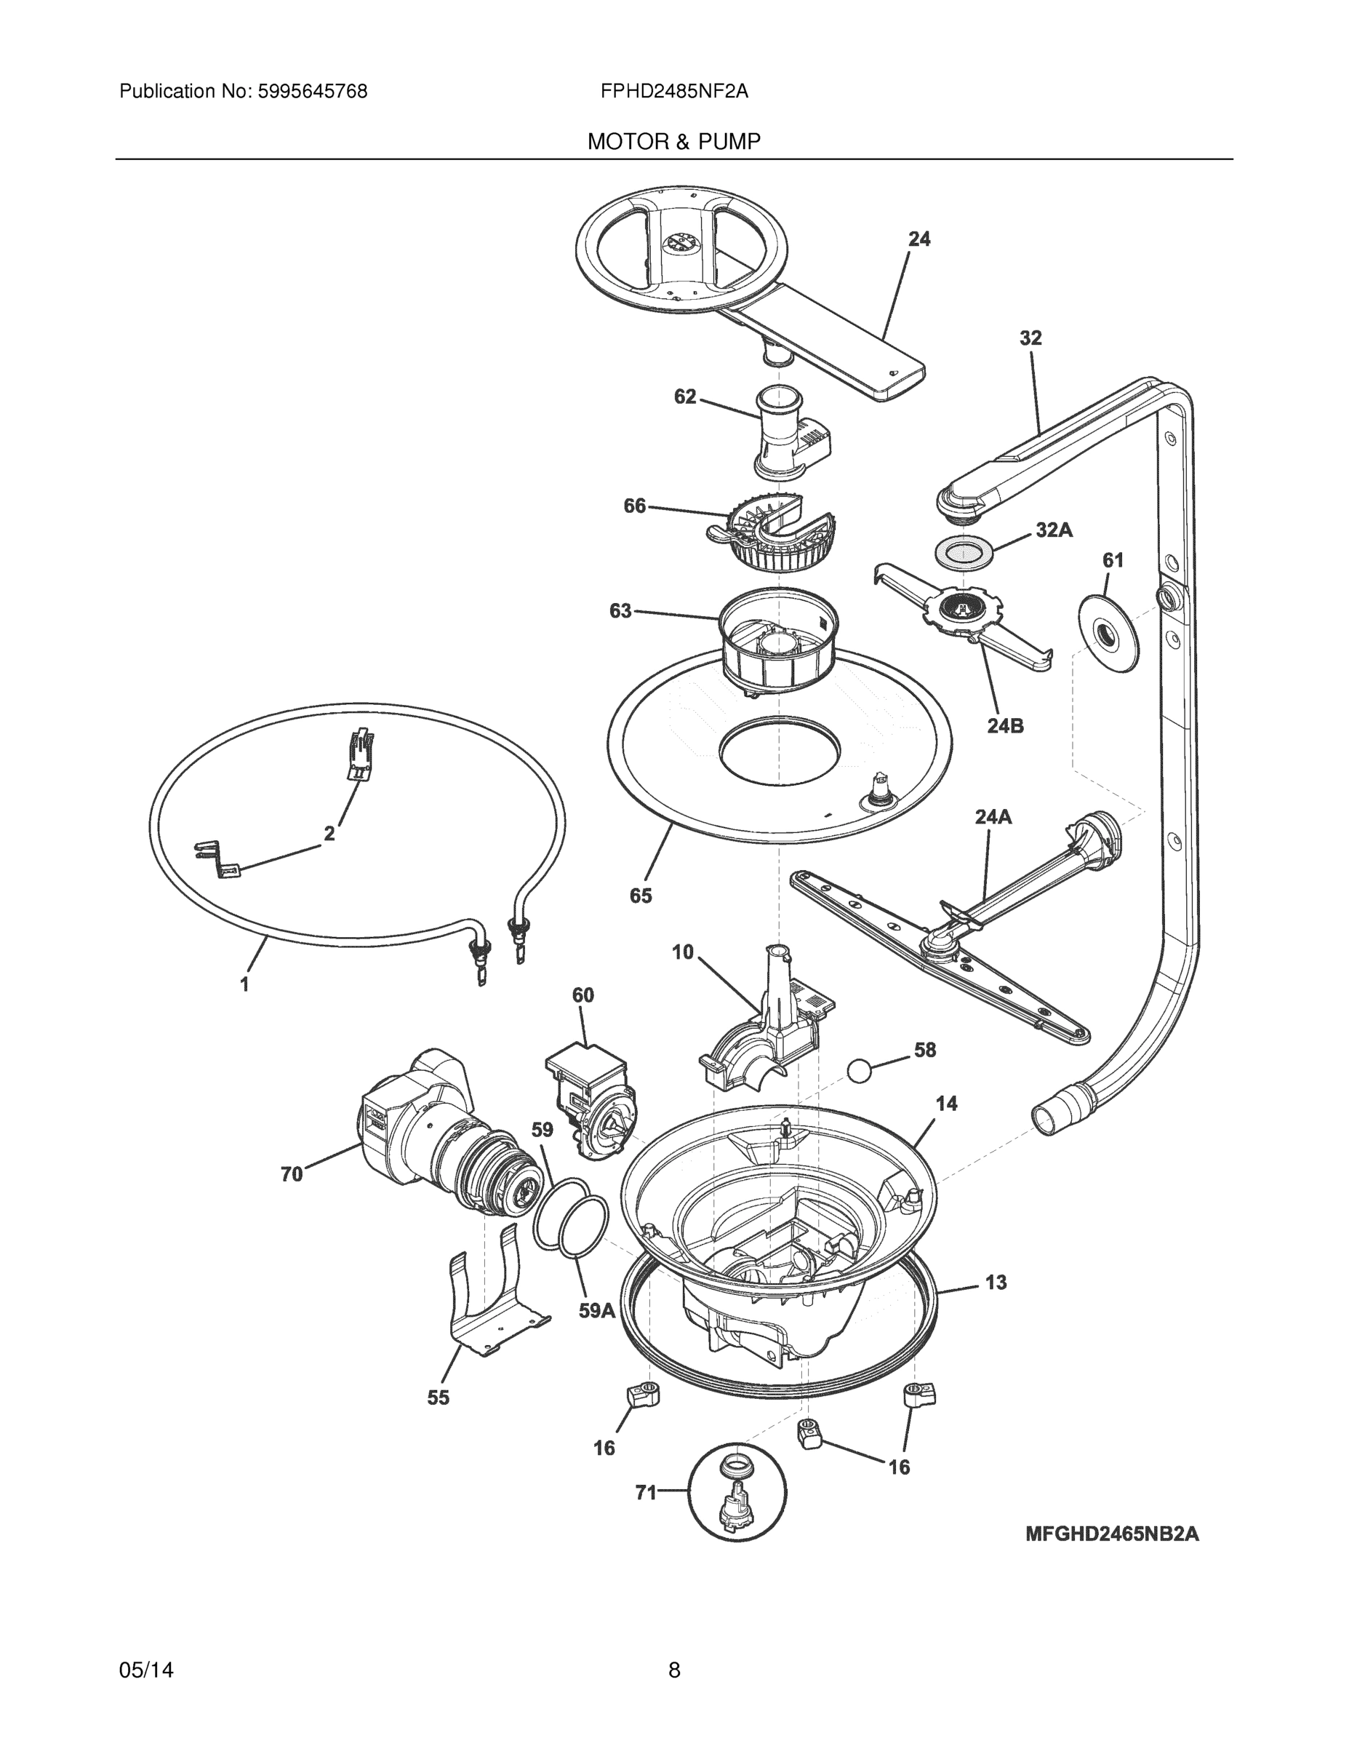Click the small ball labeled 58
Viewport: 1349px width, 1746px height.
point(859,1070)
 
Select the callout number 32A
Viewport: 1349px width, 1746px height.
point(1053,530)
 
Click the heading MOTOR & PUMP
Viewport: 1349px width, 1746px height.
point(673,143)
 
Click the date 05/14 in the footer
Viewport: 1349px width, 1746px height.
point(146,1670)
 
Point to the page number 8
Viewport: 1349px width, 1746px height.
point(673,1670)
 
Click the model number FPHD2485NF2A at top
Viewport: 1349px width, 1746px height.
point(673,92)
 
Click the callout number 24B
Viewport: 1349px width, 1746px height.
point(1004,725)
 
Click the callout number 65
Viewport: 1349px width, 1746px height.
point(640,896)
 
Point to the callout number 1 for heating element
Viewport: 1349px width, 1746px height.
point(244,984)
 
